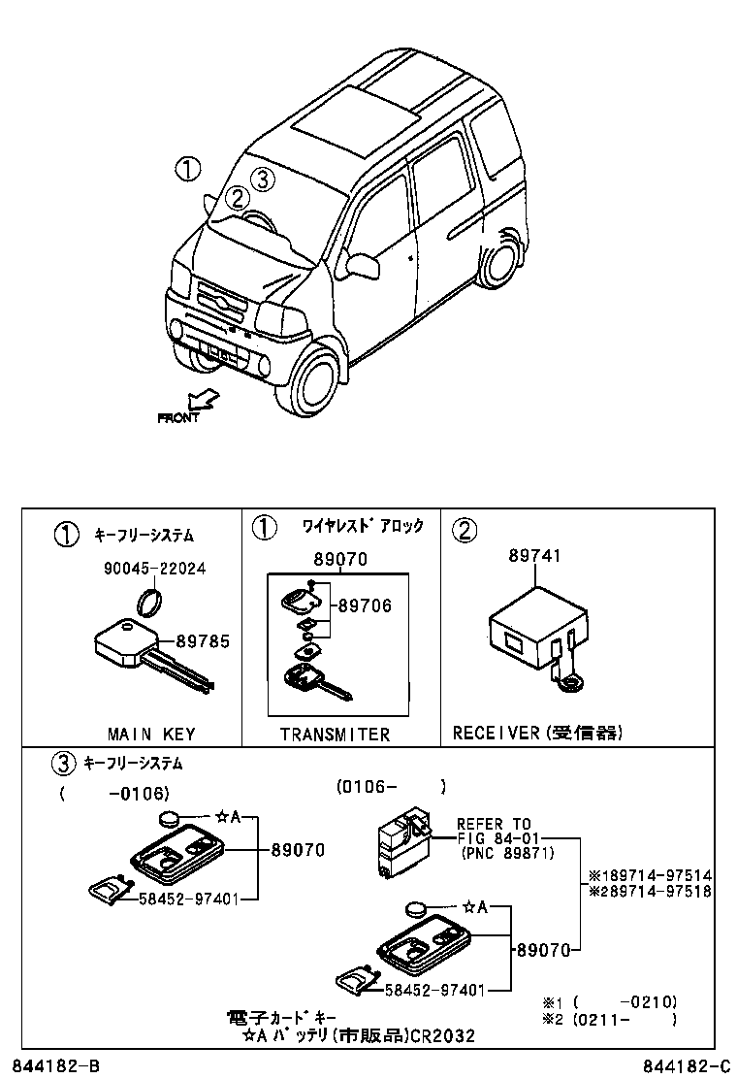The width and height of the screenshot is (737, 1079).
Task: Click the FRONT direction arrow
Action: (x=203, y=400)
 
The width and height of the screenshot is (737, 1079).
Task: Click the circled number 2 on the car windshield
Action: (x=237, y=199)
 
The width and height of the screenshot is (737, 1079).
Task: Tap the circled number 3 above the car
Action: (x=263, y=180)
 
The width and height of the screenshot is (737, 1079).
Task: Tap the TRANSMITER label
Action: (x=335, y=735)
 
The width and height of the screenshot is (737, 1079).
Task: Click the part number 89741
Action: (x=534, y=556)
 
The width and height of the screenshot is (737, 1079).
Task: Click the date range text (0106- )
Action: (x=391, y=787)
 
